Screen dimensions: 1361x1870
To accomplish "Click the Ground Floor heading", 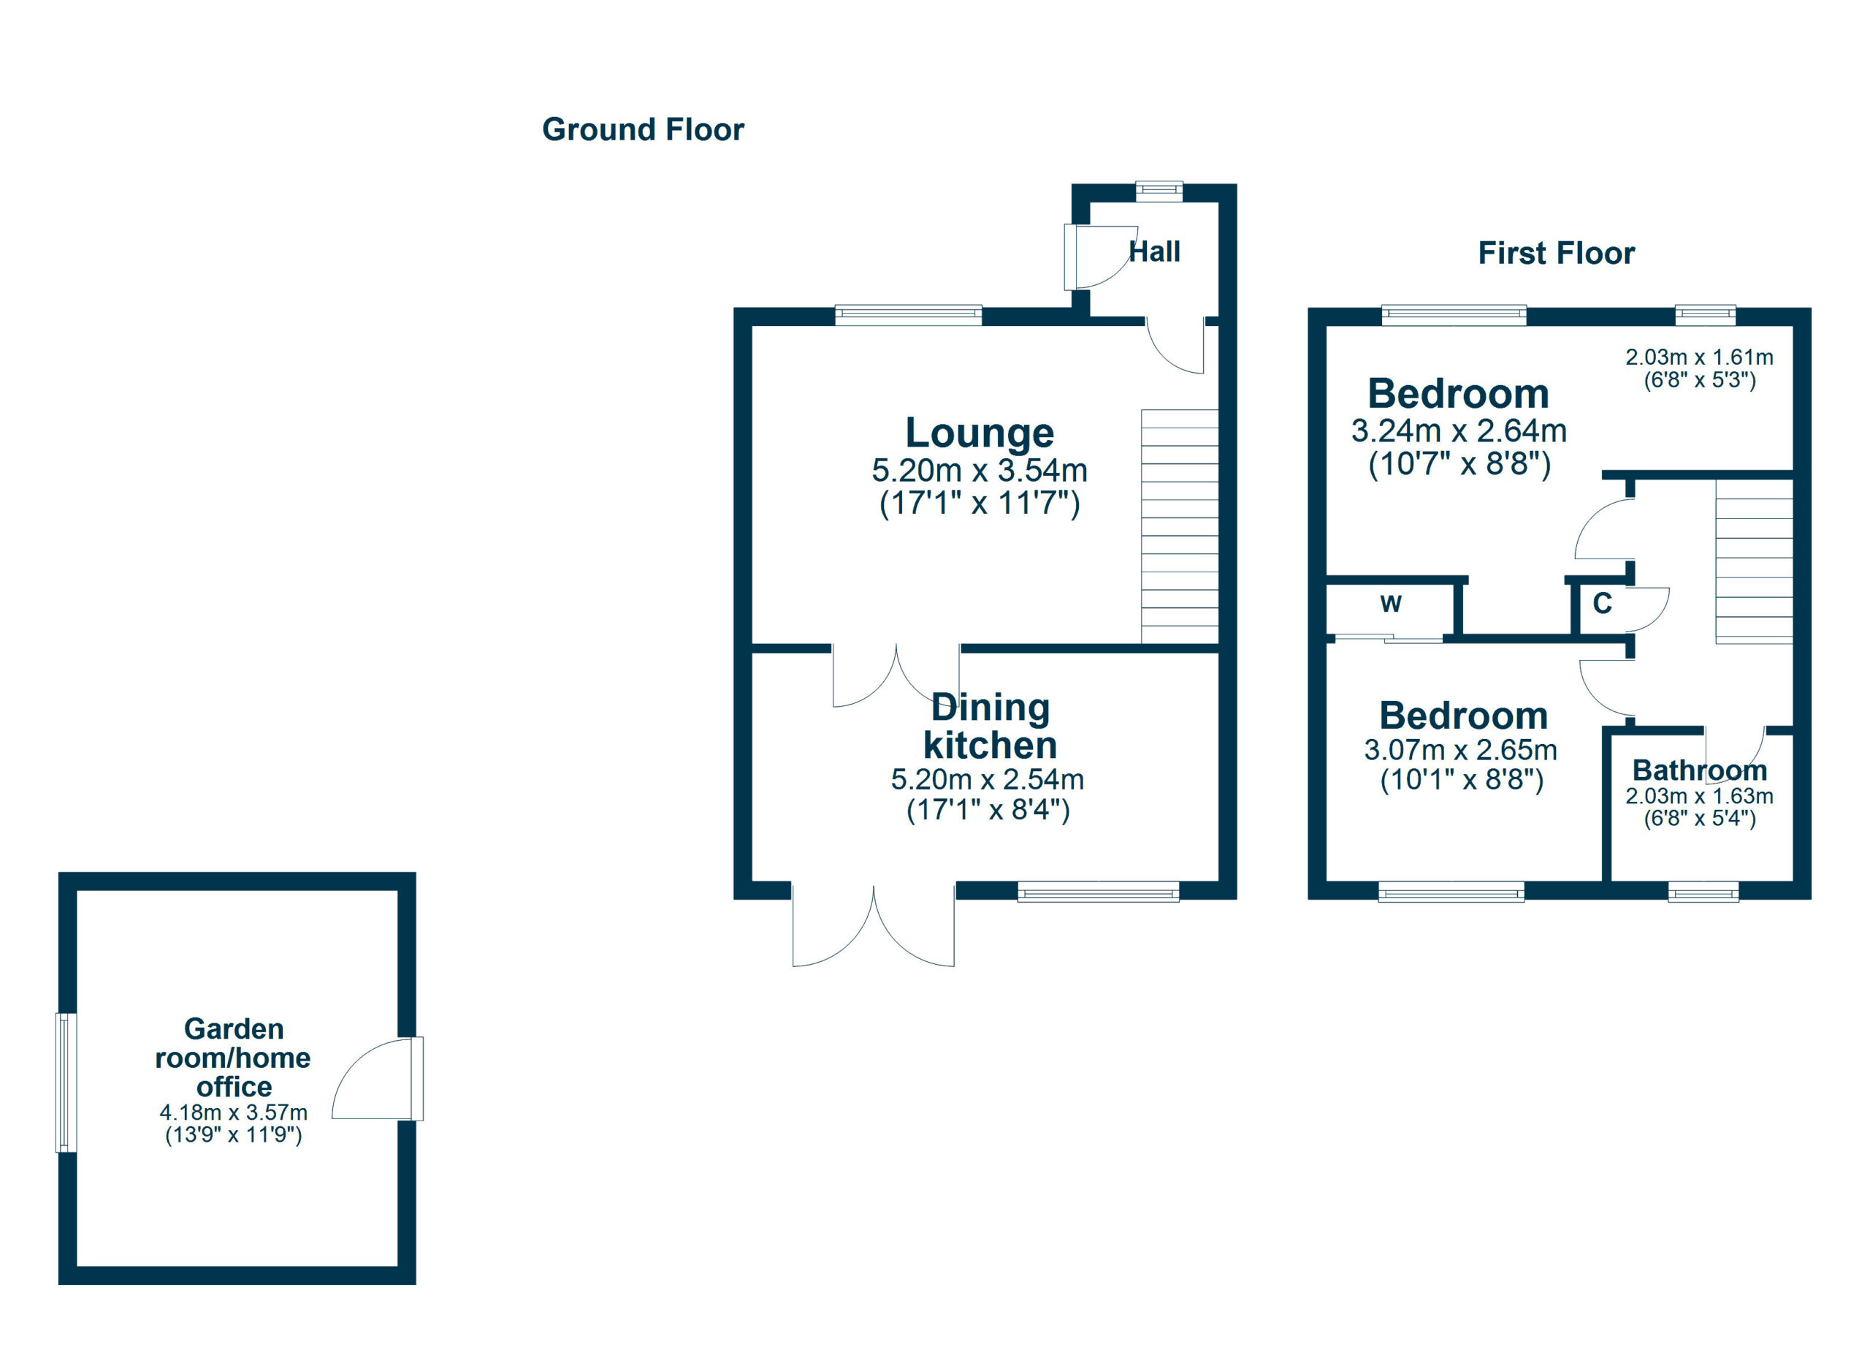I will [x=642, y=130].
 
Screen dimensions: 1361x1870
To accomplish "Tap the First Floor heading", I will [x=1555, y=253].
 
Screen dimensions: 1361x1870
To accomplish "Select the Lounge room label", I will [x=979, y=432].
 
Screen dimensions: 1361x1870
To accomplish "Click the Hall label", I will [x=1153, y=251].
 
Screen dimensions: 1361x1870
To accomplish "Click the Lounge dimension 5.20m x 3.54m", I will [x=979, y=471].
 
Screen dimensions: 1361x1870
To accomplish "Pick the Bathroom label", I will [x=1699, y=770].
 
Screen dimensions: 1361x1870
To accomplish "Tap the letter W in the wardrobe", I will [x=1390, y=604].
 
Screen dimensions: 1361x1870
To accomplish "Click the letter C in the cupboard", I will [x=1601, y=604].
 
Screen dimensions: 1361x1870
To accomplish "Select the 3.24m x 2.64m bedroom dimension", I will [x=1458, y=431].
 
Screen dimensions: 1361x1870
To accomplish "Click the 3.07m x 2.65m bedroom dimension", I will [x=1460, y=750].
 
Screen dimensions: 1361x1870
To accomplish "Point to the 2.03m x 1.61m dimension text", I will [x=1698, y=358].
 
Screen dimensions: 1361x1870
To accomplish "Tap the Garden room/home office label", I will [x=233, y=1058].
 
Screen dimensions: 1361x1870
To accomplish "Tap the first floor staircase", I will [x=1754, y=561].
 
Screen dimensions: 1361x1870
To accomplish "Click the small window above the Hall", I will [x=1159, y=191].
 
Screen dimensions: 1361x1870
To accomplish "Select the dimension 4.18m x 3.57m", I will [x=233, y=1112].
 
